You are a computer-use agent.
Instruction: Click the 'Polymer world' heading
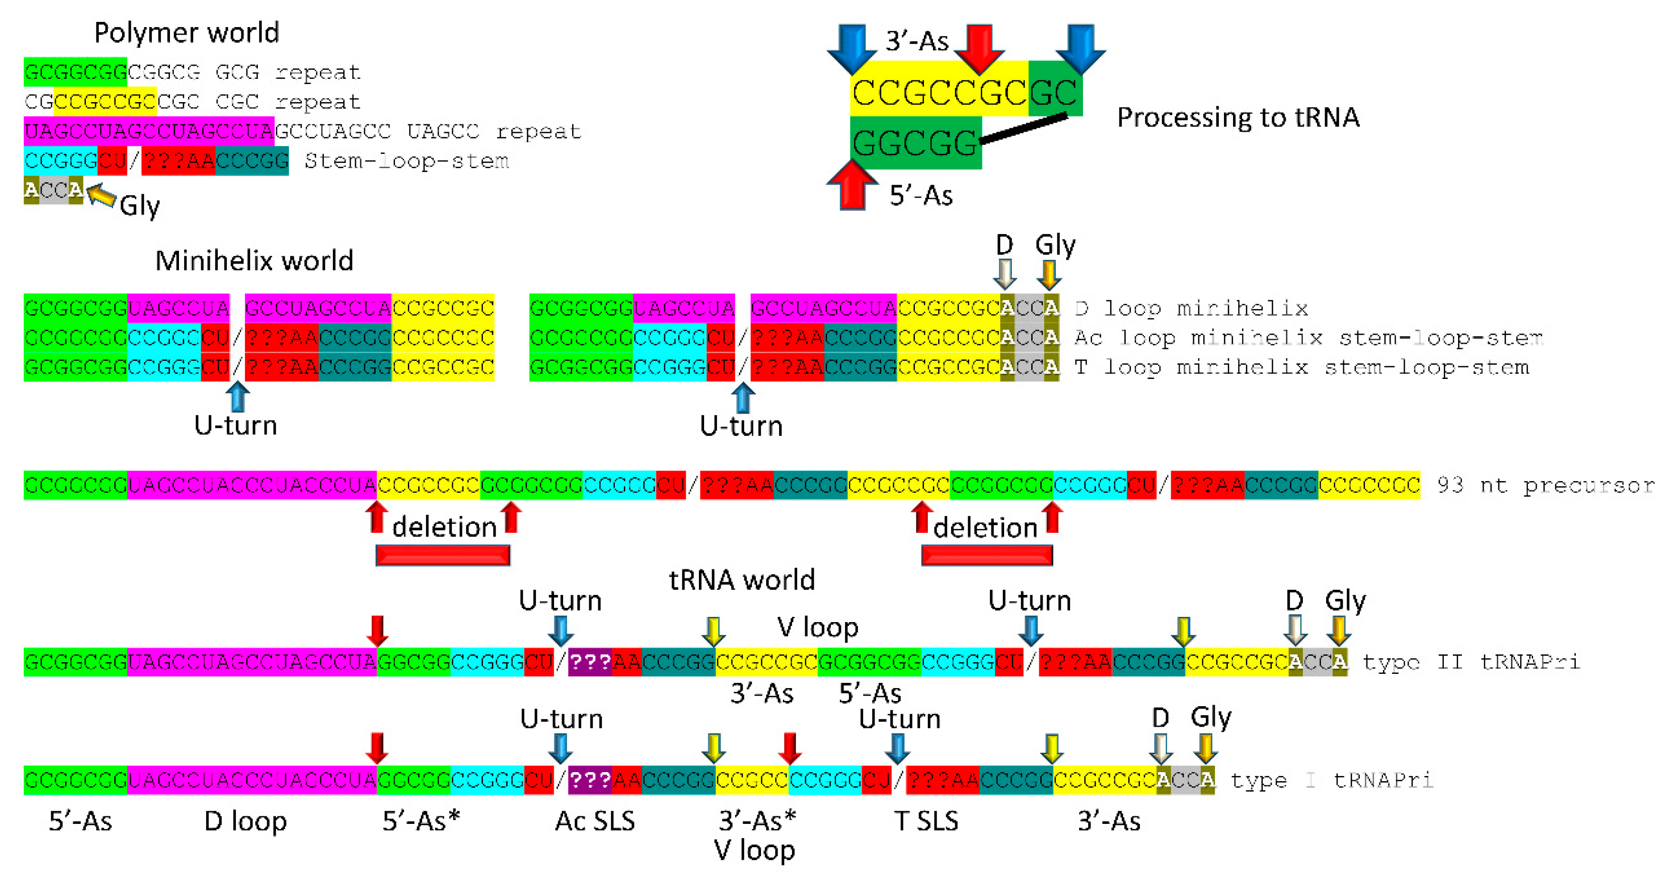187,33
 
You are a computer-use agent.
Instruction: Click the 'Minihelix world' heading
254,261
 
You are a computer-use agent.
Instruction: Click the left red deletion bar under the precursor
443,555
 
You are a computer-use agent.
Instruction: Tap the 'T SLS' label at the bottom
926,821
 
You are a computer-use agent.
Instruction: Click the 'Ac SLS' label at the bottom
594,821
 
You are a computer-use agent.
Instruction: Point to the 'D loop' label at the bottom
245,821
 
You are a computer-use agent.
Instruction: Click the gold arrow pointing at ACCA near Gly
102,195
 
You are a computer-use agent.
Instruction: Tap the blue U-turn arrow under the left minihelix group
237,396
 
